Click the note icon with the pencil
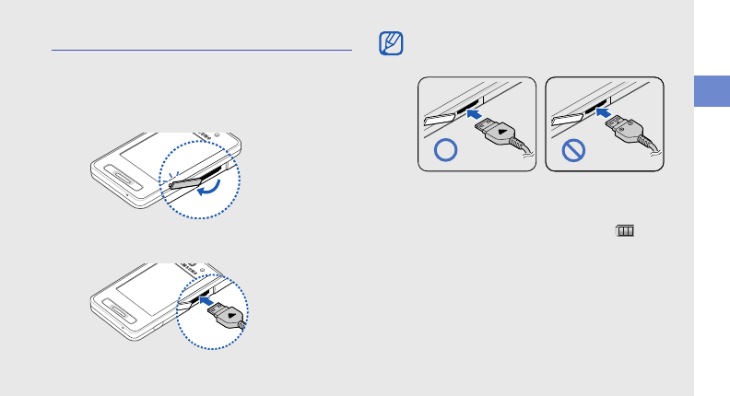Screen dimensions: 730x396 (392, 43)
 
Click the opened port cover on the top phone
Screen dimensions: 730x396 (187, 182)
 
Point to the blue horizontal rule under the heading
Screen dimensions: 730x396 (202, 51)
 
